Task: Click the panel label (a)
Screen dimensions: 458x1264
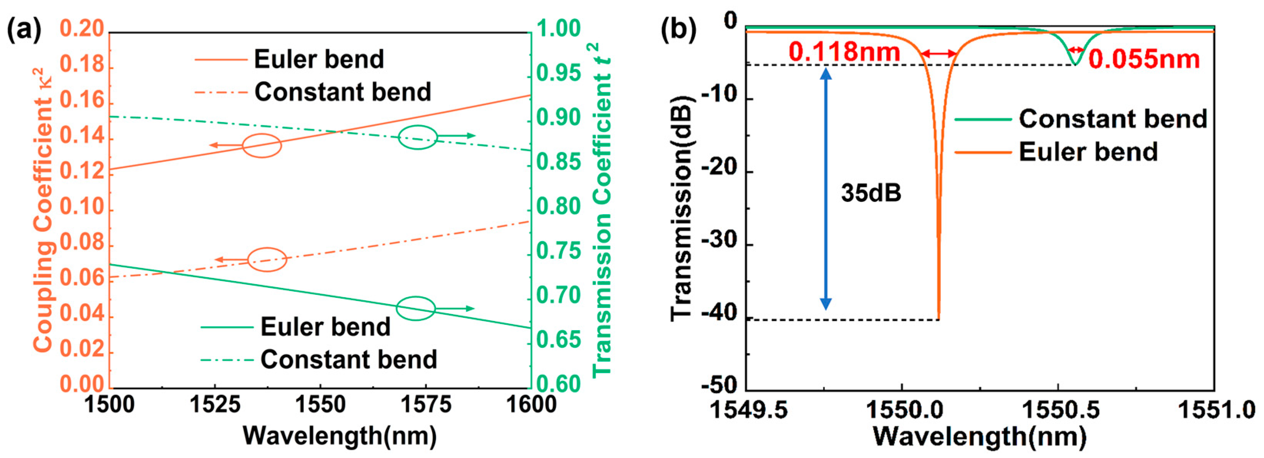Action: point(25,30)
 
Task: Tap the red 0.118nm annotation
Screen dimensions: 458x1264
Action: point(844,51)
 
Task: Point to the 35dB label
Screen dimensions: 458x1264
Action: point(871,193)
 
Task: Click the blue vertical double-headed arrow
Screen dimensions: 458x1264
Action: point(826,189)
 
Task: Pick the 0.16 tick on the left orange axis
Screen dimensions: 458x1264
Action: point(83,101)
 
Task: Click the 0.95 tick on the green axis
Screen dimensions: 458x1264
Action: point(558,73)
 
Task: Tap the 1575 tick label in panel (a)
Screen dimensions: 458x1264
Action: point(425,405)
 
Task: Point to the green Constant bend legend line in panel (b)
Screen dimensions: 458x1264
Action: point(983,119)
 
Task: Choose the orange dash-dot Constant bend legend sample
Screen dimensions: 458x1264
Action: point(221,92)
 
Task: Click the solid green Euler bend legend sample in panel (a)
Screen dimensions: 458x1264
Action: point(227,327)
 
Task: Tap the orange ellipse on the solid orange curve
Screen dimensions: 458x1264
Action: point(262,146)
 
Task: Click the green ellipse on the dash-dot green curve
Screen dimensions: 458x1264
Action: point(418,137)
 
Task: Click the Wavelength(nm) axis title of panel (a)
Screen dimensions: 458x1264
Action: point(340,435)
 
